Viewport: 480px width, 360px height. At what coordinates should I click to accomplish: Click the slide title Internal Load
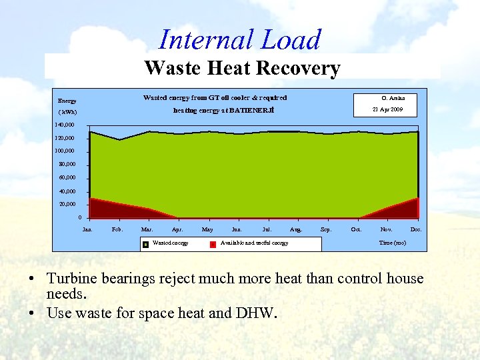coord(240,40)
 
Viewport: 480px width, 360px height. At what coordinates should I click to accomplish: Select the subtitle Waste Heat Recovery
coord(242,68)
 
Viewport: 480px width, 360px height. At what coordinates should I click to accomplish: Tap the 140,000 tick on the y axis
coord(65,125)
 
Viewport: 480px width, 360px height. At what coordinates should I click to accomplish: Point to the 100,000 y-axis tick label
coord(65,151)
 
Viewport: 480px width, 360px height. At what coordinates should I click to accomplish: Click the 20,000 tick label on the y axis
coord(67,204)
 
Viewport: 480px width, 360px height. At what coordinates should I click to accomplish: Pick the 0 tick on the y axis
coord(79,217)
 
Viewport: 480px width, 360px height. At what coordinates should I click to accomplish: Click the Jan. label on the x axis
coord(87,229)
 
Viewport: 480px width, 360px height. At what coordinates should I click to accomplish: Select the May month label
coord(207,229)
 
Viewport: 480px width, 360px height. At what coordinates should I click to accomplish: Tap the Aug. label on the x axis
coord(296,229)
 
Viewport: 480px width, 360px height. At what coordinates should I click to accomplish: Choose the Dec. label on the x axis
coord(416,229)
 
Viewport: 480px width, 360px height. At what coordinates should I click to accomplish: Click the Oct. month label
coord(356,229)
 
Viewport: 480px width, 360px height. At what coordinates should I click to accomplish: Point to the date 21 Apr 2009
coord(387,109)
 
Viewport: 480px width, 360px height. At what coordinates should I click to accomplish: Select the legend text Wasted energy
coord(171,243)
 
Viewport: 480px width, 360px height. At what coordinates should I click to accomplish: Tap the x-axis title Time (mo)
coord(392,243)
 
